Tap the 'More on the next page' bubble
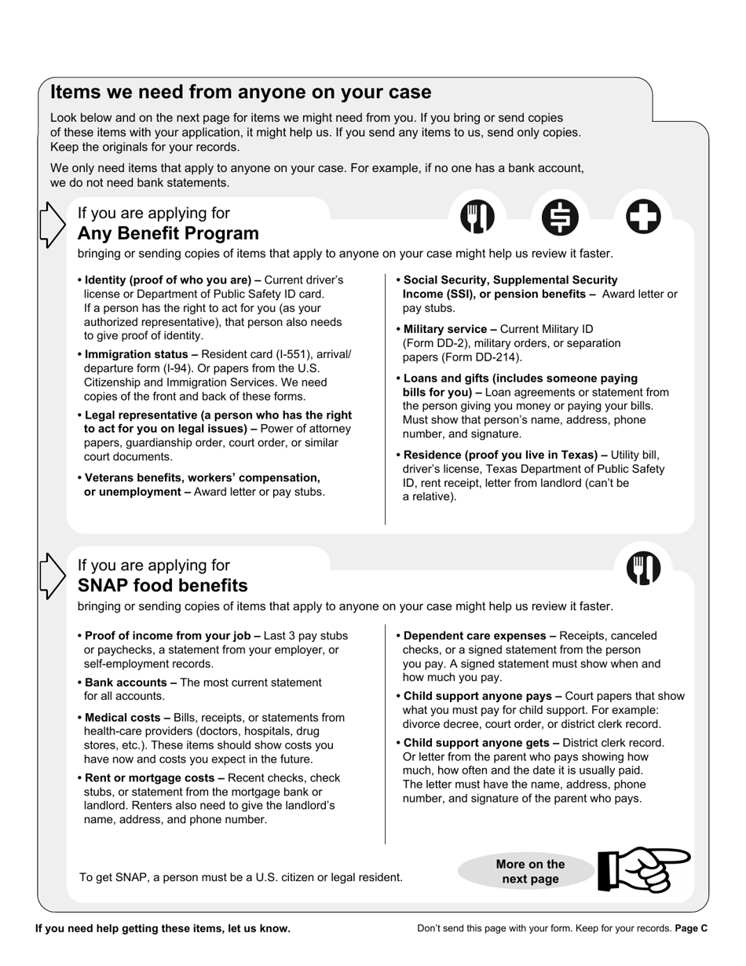point(530,872)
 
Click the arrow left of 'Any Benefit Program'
point(52,225)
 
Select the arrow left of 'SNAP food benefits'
point(52,576)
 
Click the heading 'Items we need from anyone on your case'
point(240,92)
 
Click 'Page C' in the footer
point(691,928)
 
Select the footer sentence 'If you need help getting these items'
point(163,928)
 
